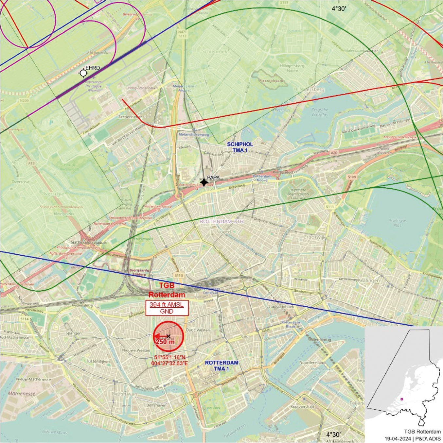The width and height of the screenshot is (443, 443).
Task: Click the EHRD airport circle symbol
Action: click(83, 73)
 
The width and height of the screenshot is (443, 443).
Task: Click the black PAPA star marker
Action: click(204, 182)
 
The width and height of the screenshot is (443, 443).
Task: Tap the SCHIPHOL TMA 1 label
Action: click(240, 147)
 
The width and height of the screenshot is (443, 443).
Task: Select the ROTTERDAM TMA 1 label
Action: click(221, 366)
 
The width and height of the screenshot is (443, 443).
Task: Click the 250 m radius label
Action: click(165, 342)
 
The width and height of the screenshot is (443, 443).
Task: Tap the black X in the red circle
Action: click(168, 336)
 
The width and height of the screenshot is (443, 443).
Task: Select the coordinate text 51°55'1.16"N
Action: click(169, 357)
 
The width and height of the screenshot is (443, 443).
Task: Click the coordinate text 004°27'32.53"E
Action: click(169, 363)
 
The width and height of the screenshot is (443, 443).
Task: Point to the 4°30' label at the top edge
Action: click(339, 9)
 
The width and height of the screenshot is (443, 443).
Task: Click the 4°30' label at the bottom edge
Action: click(333, 434)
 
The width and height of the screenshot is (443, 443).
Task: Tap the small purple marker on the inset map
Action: click(401, 399)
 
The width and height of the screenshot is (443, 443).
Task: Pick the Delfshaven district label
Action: click(124, 394)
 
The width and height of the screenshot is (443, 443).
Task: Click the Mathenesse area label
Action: click(22, 393)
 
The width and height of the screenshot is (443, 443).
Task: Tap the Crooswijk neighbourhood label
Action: click(314, 237)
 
